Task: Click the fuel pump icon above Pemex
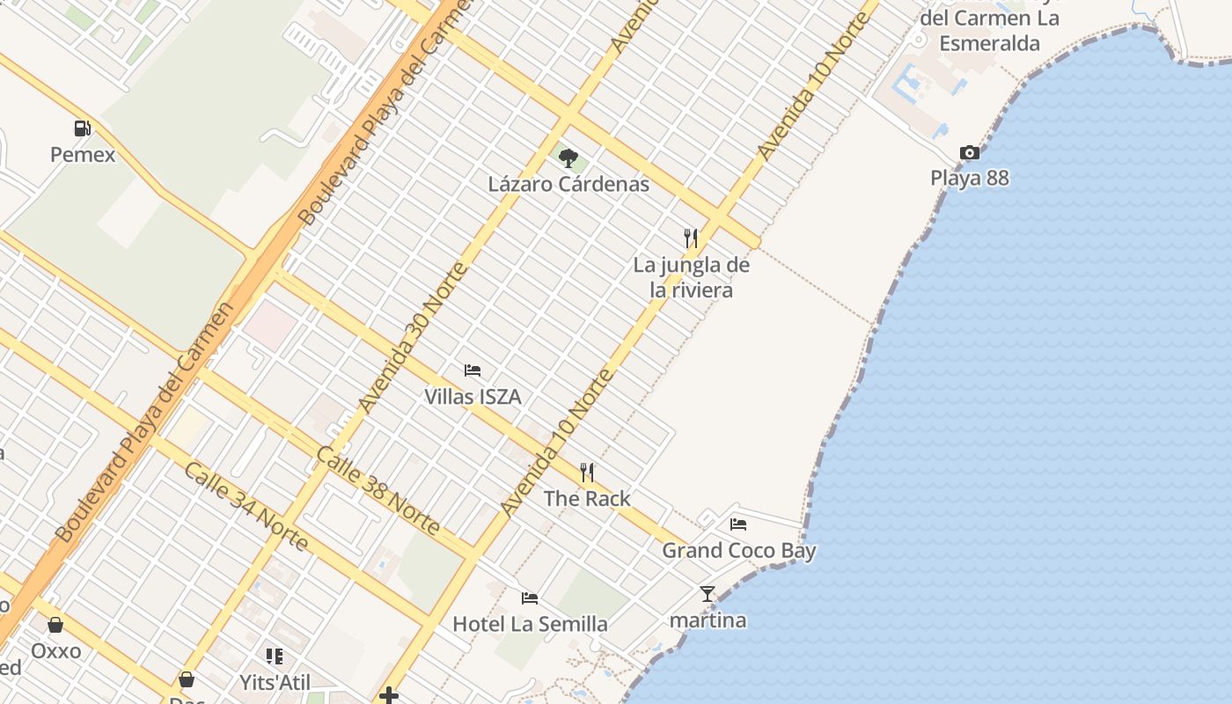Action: pos(83,128)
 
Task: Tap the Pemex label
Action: pos(83,155)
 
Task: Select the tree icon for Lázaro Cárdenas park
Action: pos(568,158)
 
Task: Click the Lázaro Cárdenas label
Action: pos(568,184)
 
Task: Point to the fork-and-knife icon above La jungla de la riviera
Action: pos(691,238)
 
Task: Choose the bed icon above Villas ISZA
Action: pos(473,370)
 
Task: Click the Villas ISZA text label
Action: pos(473,397)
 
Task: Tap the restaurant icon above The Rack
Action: pos(587,473)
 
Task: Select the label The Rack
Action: pos(587,499)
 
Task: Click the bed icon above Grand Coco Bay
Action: pos(738,524)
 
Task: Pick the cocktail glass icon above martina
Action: pos(708,594)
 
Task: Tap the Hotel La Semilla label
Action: pos(530,624)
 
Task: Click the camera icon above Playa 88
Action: pos(970,152)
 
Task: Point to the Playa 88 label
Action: pos(970,178)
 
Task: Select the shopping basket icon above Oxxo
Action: pos(55,625)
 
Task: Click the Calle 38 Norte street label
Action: pos(378,490)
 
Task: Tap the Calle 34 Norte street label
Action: pos(246,505)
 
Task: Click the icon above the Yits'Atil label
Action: pos(275,656)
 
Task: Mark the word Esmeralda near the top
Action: pos(989,43)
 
